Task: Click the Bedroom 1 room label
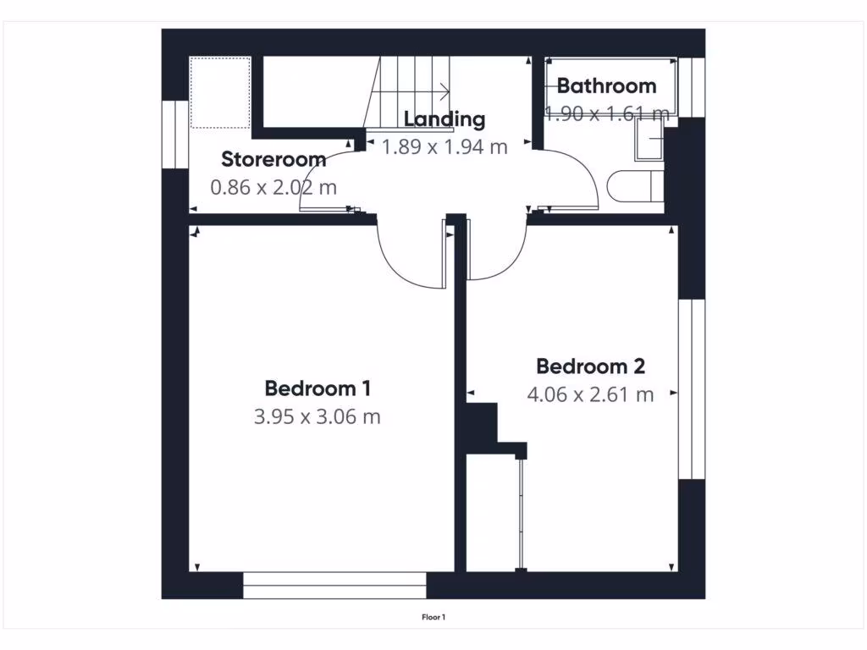[x=318, y=388]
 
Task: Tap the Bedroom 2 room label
[x=590, y=366]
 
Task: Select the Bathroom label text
[x=606, y=85]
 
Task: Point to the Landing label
[x=444, y=119]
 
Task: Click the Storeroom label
[x=273, y=159]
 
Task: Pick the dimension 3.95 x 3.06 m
[x=318, y=416]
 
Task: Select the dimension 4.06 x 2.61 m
[x=590, y=394]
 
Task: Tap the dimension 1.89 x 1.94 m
[x=444, y=146]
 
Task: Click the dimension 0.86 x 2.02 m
[x=273, y=187]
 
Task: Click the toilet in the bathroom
[x=635, y=186]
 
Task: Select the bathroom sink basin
[x=649, y=140]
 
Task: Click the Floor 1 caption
[x=433, y=617]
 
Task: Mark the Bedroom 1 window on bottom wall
[x=334, y=579]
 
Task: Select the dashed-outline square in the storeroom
[x=219, y=92]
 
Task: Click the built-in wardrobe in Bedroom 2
[x=494, y=512]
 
